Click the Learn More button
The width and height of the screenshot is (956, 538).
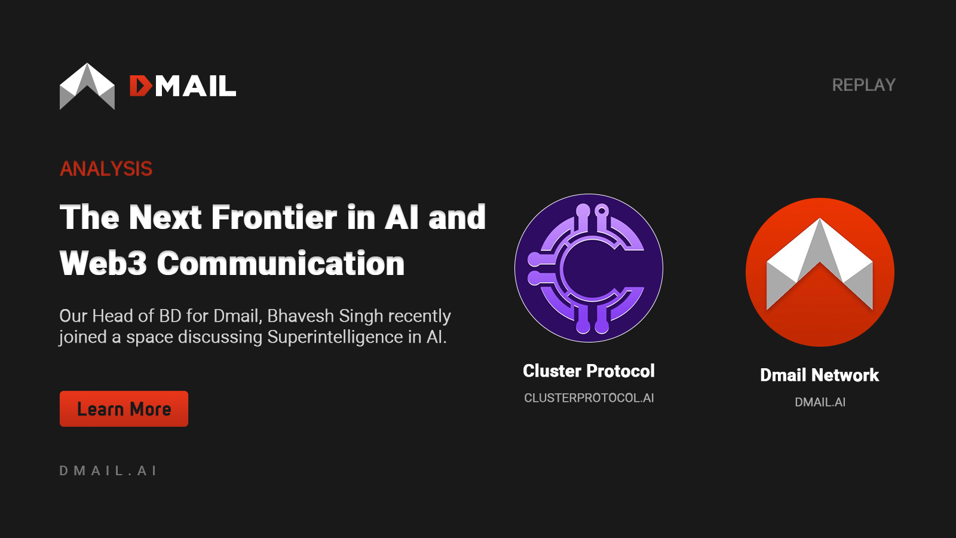124,409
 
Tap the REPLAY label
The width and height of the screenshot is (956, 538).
863,85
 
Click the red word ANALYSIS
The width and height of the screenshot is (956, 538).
106,169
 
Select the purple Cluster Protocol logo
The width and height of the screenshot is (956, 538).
589,268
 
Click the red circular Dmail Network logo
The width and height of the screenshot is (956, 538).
820,272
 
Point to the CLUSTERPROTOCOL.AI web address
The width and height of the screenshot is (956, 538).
589,398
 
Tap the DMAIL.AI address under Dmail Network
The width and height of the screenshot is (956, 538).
820,402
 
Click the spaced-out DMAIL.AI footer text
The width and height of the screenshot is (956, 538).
108,471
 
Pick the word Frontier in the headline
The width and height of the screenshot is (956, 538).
274,217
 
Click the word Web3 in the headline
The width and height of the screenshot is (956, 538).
103,264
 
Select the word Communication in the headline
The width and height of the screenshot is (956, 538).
281,264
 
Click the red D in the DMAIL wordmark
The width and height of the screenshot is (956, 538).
140,86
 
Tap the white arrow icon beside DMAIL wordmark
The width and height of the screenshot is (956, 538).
87,86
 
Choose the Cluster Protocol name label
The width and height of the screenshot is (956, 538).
589,371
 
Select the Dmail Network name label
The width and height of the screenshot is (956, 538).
820,375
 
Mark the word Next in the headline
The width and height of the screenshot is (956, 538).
166,217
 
